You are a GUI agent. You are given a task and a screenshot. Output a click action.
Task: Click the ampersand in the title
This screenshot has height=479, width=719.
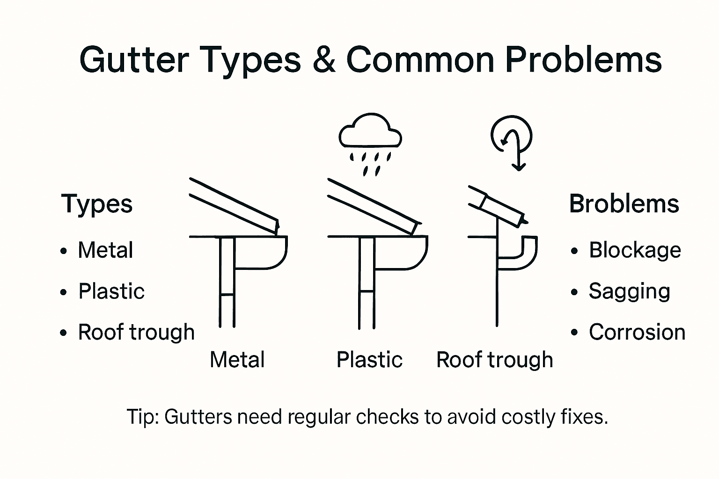324,59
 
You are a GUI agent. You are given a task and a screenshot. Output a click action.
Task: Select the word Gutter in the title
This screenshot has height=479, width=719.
134,59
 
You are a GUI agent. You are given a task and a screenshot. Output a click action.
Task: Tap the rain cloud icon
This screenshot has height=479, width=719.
370,132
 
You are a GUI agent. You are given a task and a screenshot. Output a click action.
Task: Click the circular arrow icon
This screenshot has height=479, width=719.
512,136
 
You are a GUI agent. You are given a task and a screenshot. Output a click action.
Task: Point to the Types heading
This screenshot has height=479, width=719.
97,204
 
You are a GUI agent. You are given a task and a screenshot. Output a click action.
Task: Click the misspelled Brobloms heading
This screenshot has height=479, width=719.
624,204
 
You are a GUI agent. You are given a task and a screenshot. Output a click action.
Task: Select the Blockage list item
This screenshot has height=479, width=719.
635,250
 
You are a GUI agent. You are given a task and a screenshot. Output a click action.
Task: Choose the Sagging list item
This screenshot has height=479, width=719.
629,291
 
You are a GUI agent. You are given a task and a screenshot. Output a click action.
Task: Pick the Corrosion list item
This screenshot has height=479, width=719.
637,332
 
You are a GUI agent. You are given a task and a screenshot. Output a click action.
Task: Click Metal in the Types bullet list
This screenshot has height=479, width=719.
105,250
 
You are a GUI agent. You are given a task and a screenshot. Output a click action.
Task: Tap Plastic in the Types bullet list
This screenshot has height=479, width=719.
111,291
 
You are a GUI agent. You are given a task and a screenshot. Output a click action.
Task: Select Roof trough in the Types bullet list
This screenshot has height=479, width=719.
136,332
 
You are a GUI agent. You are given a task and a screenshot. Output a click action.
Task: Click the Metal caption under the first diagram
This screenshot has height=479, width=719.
237,360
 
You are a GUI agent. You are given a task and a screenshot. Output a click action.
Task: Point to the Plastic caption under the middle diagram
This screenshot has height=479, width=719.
369,360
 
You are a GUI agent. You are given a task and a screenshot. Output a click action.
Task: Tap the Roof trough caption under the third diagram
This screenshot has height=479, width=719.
494,360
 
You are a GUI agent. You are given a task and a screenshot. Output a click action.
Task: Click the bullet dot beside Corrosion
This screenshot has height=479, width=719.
574,333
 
